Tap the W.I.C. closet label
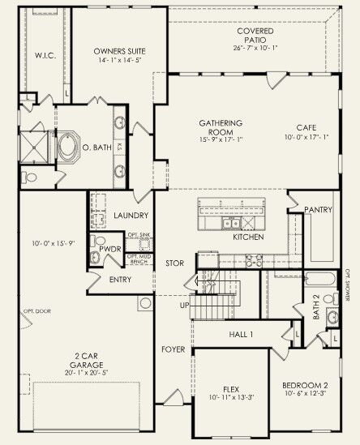point(44,56)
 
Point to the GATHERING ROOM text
point(221,128)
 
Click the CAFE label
point(306,127)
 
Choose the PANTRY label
point(318,210)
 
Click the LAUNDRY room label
point(131,216)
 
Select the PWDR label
point(109,250)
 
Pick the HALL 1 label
point(241,334)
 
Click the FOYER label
point(174,351)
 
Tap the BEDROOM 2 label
point(304,385)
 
